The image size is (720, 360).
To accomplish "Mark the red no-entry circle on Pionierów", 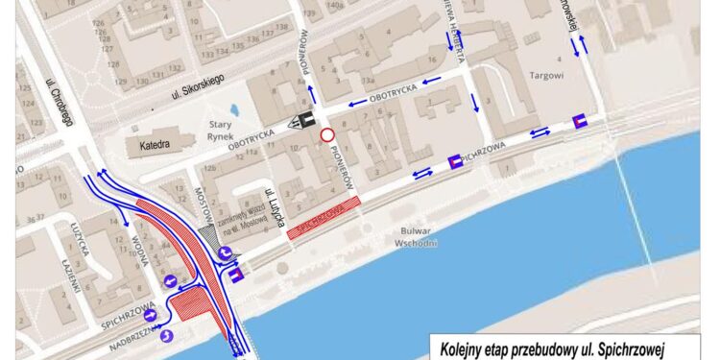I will (327, 135).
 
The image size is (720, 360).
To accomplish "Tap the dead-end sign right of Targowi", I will (580, 120).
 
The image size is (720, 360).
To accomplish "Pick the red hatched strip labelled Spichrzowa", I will (325, 212).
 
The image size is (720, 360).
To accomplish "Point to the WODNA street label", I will (145, 256).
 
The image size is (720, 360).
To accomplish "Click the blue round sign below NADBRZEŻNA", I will (167, 335).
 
